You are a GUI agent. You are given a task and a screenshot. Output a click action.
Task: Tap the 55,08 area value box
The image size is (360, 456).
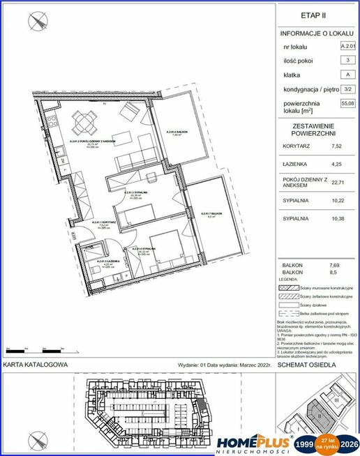point(347,103)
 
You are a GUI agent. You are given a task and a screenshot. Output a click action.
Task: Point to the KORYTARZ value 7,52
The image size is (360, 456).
point(337,146)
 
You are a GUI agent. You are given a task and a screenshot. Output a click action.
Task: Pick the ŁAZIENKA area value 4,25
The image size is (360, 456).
point(337,165)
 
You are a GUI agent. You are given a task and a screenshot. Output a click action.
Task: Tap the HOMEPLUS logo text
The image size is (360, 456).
point(253,441)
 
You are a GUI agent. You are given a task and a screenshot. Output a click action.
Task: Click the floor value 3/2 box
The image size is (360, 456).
point(347,89)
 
